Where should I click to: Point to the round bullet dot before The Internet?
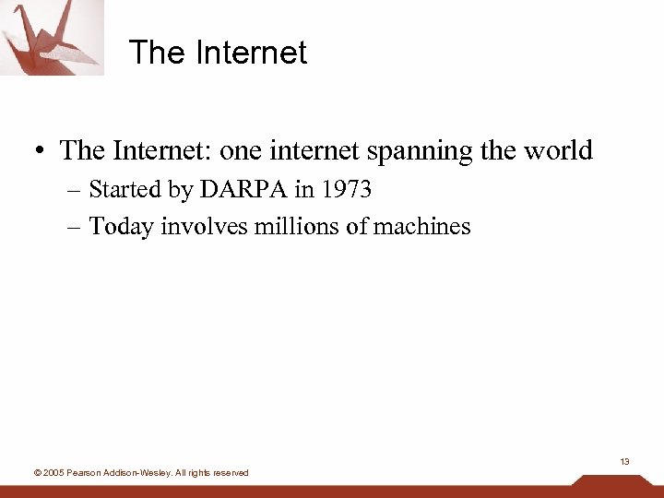click(x=41, y=150)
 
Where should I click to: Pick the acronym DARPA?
click(x=243, y=190)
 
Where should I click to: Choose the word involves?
click(x=192, y=226)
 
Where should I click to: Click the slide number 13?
click(x=624, y=461)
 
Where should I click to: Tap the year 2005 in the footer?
click(x=53, y=473)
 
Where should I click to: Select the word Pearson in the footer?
click(x=85, y=473)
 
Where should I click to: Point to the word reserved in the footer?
click(x=231, y=473)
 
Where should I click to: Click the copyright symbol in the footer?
click(x=36, y=473)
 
